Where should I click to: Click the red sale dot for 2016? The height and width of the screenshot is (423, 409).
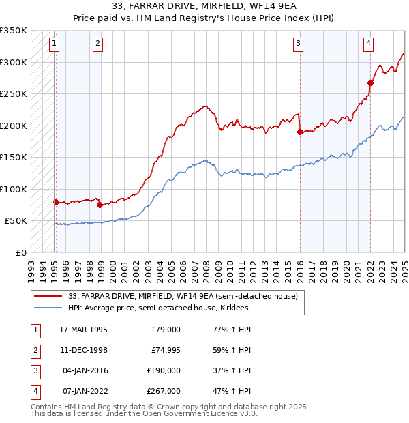[300, 132]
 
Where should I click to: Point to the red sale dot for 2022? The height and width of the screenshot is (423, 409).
[370, 83]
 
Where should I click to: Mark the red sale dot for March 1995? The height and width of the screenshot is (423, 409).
[56, 202]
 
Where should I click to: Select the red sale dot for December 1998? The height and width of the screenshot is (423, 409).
[100, 204]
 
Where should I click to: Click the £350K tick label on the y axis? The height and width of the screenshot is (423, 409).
[14, 31]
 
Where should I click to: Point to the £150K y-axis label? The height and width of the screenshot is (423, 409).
[14, 157]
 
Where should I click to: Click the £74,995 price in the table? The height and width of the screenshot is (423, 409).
[163, 350]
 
